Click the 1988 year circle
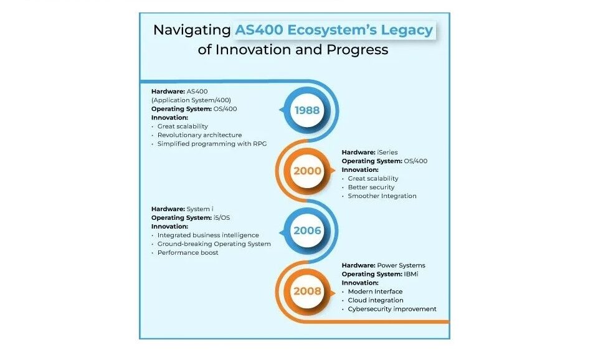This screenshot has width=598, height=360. click(x=307, y=110)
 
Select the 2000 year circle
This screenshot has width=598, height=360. click(x=307, y=171)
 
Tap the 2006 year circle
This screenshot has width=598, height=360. click(x=307, y=230)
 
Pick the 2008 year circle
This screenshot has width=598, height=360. click(x=307, y=291)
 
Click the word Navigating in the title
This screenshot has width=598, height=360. click(x=192, y=30)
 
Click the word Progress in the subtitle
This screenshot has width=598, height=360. click(x=357, y=50)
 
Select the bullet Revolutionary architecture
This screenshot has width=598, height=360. click(x=199, y=135)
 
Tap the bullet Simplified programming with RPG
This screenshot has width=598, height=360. click(x=212, y=144)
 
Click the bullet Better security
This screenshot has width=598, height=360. click(x=371, y=187)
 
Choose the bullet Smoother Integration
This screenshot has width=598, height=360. click(x=382, y=196)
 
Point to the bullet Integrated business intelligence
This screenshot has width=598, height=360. click(x=208, y=235)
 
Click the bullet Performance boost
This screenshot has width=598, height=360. click(x=187, y=252)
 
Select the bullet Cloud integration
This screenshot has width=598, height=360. click(x=376, y=300)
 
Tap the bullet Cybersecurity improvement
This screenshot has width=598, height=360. click(x=392, y=309)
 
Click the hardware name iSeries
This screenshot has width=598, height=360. click(x=387, y=152)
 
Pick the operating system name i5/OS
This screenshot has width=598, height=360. click(x=222, y=218)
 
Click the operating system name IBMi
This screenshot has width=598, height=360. click(x=411, y=274)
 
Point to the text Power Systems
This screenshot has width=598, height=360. click(x=401, y=265)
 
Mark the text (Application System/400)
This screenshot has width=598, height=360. click(x=191, y=100)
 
